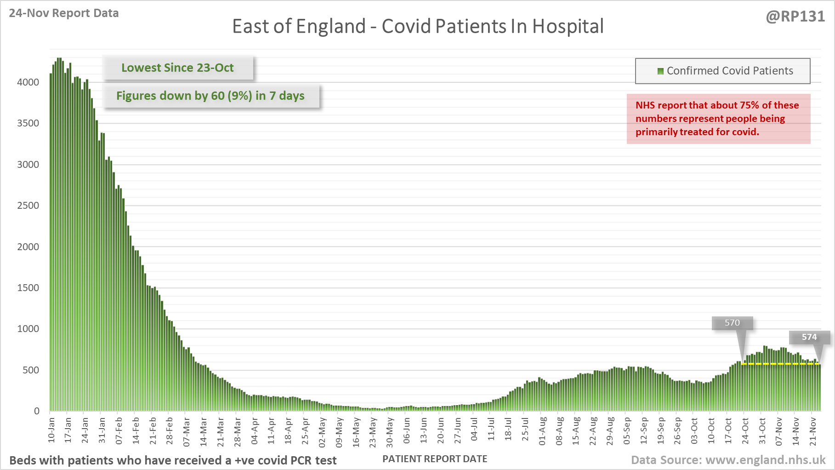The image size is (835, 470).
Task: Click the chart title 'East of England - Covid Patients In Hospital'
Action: click(418, 26)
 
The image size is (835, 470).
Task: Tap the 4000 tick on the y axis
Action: click(28, 82)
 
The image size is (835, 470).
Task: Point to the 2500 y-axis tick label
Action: click(28, 206)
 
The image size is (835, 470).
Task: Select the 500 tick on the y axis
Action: click(31, 370)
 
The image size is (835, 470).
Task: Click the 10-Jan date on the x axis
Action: click(51, 430)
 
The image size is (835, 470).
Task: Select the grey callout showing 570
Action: click(732, 323)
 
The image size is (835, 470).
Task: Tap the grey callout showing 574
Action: click(809, 337)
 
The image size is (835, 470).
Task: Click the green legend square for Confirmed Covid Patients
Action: click(660, 71)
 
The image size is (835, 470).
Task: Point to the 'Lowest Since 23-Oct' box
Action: click(177, 68)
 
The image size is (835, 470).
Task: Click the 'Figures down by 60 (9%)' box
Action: click(210, 96)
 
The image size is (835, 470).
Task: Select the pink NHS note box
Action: click(718, 119)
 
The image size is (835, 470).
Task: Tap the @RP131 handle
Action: click(795, 16)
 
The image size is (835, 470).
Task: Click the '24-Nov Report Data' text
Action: click(64, 13)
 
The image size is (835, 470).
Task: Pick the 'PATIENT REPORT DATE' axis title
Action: click(435, 459)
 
